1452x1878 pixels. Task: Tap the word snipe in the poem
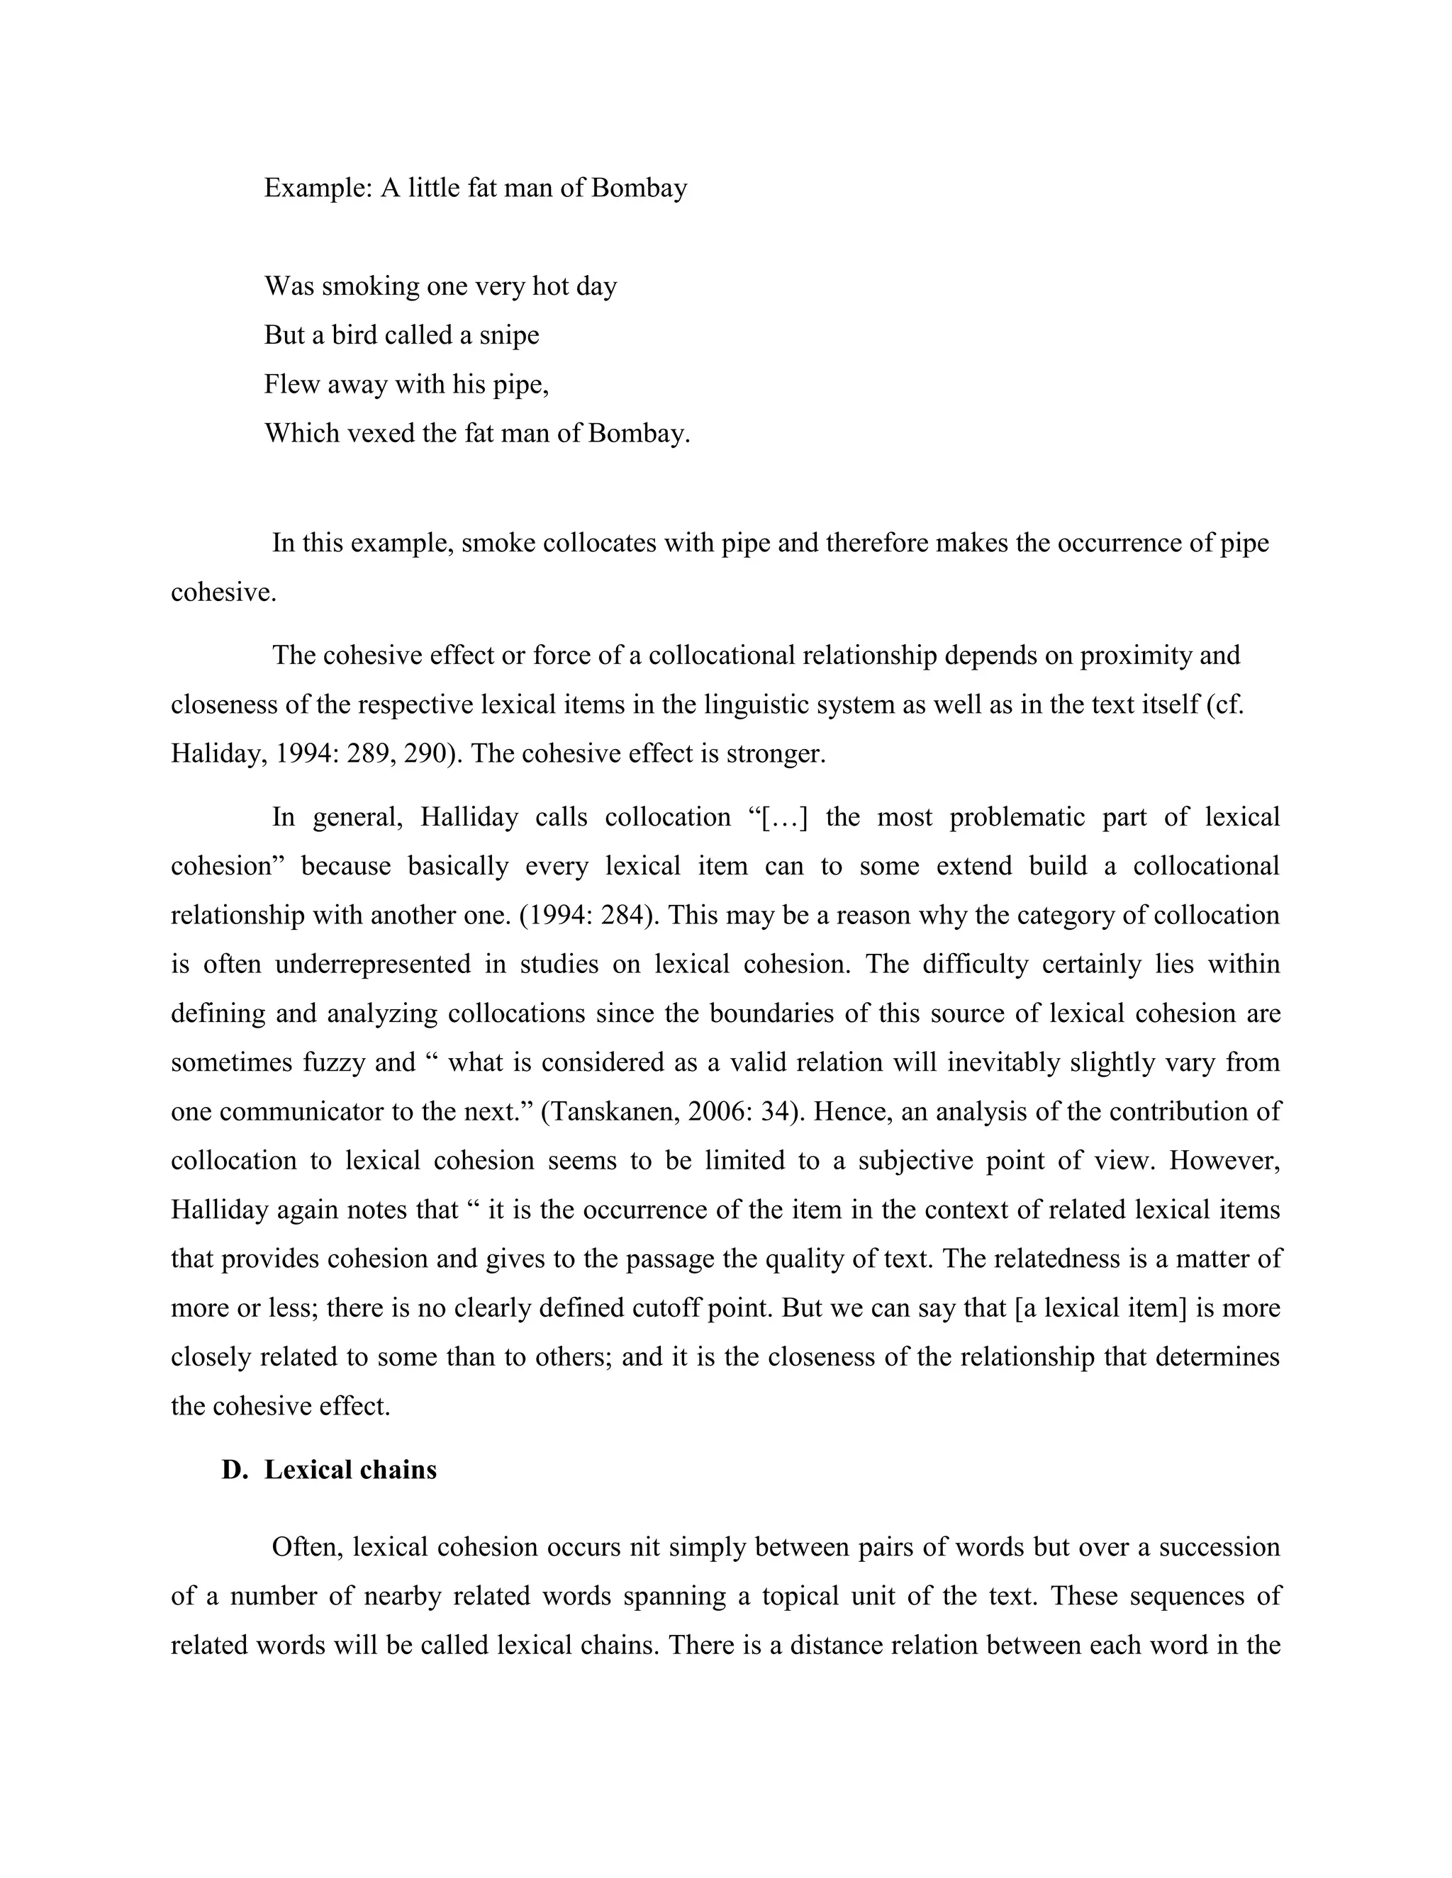(x=509, y=334)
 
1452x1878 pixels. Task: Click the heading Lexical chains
(x=350, y=1470)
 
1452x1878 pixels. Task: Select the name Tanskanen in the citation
(x=613, y=1111)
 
